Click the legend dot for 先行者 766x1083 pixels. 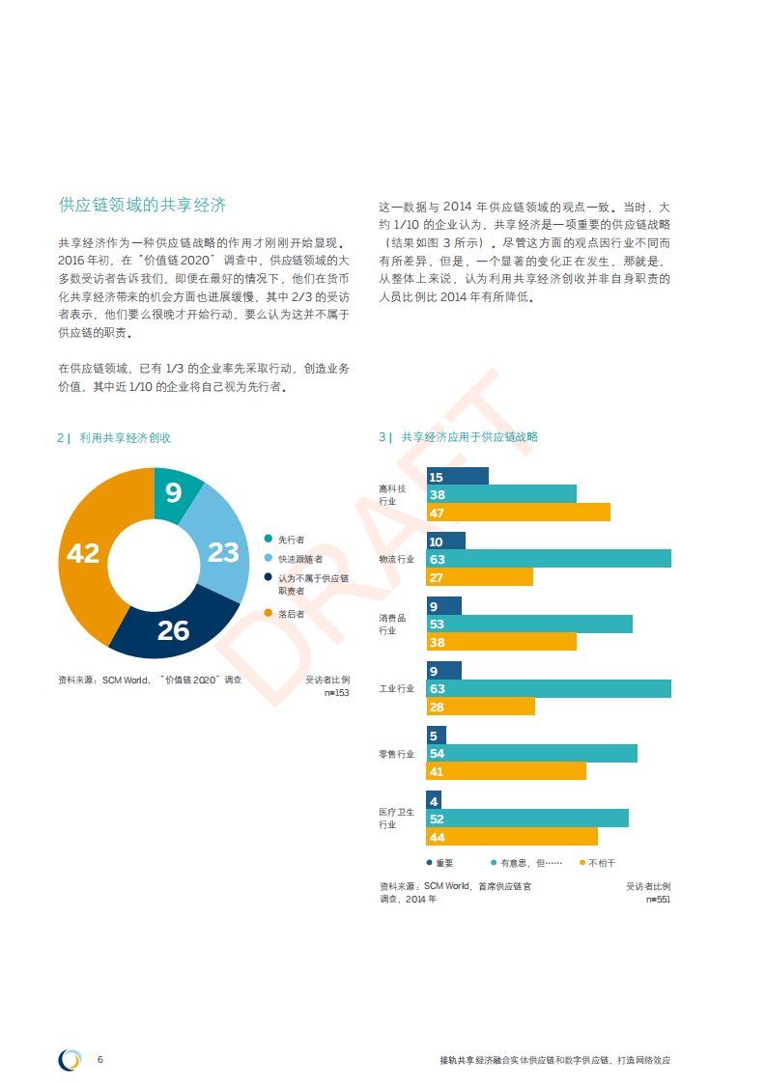(268, 540)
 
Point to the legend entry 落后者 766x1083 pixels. (291, 614)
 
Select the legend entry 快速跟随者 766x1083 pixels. (299, 559)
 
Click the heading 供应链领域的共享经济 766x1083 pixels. (142, 205)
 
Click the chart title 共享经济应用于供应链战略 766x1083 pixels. (469, 437)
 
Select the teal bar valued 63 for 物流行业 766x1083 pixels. (549, 559)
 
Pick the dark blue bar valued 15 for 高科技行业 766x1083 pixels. (457, 476)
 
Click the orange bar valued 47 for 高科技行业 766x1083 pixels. (518, 513)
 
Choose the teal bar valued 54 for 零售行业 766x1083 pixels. (531, 753)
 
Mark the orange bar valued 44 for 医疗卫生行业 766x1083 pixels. (512, 837)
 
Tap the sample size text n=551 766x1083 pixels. (658, 899)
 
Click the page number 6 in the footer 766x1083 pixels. (100, 1059)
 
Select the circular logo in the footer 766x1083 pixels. (70, 1059)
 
